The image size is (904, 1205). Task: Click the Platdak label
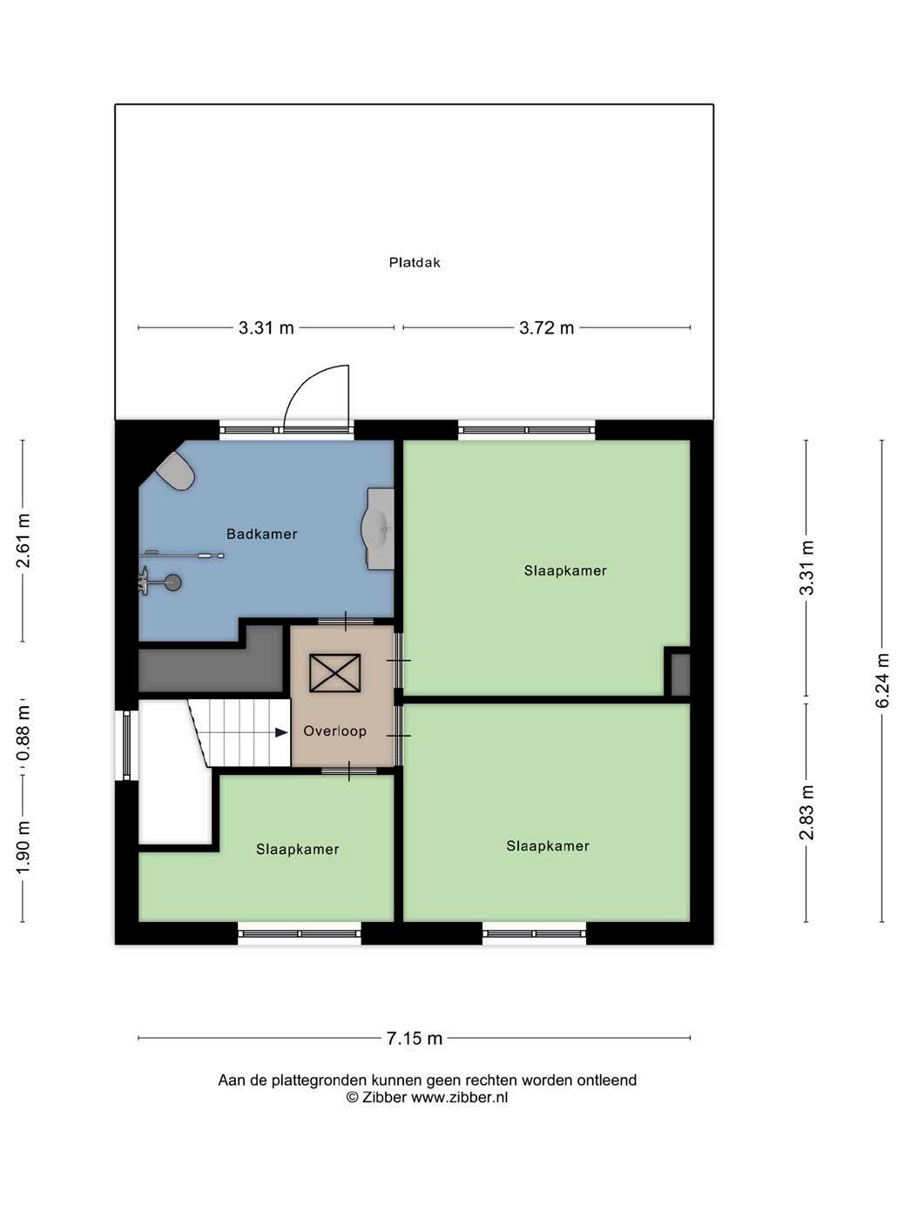tap(415, 262)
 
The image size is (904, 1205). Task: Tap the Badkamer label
tap(262, 534)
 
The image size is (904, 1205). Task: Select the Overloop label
tap(334, 730)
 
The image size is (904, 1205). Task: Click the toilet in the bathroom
tap(176, 470)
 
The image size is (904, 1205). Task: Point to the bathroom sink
tap(378, 528)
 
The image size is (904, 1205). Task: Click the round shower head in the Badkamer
tap(173, 582)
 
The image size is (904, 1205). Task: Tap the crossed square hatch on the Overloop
tap(334, 673)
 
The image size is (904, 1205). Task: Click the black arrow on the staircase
tap(281, 732)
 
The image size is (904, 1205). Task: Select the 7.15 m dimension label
tap(415, 1038)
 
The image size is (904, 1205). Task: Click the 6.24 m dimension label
tap(881, 681)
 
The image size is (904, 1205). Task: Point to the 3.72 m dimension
tap(547, 327)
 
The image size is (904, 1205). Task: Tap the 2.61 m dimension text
tap(23, 541)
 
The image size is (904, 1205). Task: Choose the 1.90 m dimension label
tap(23, 847)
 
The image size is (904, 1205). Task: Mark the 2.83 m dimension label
tap(806, 813)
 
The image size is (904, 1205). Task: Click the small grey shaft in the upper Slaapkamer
tap(680, 675)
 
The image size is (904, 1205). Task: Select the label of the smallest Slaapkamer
tap(298, 849)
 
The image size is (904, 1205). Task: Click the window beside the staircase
tap(127, 745)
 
